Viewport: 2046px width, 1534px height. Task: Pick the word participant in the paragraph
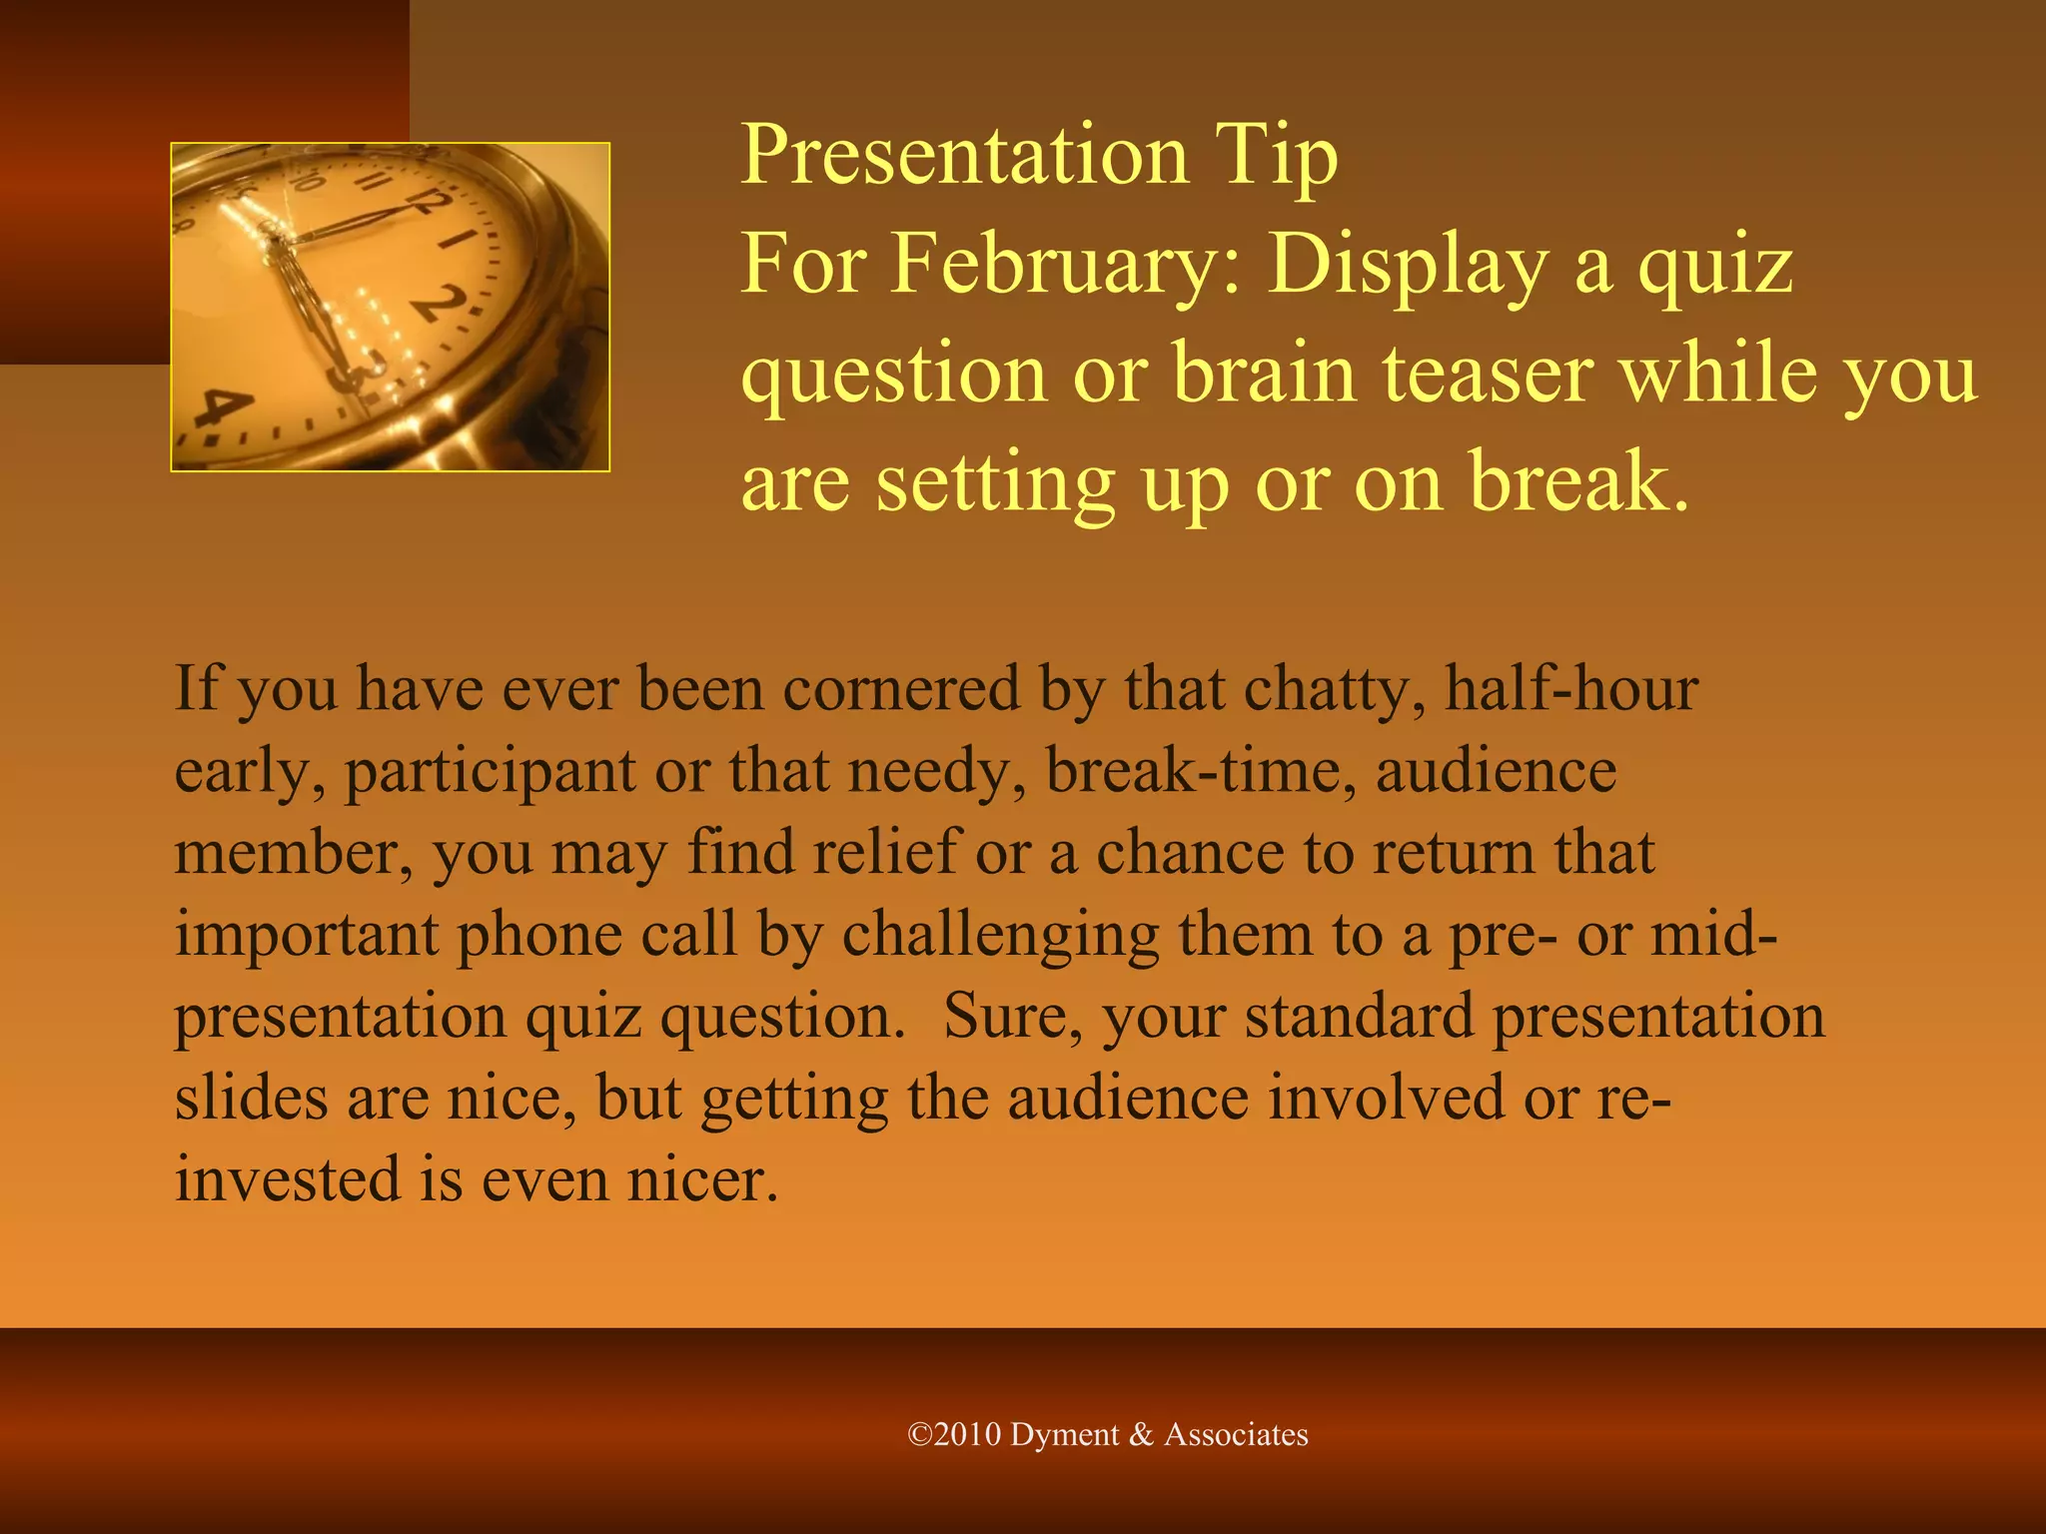click(x=490, y=772)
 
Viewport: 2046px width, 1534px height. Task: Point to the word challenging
click(x=1000, y=935)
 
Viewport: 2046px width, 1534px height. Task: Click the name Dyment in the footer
click(x=1064, y=1435)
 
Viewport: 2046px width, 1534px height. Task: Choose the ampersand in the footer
click(x=1141, y=1435)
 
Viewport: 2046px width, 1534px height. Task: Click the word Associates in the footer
click(x=1236, y=1435)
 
